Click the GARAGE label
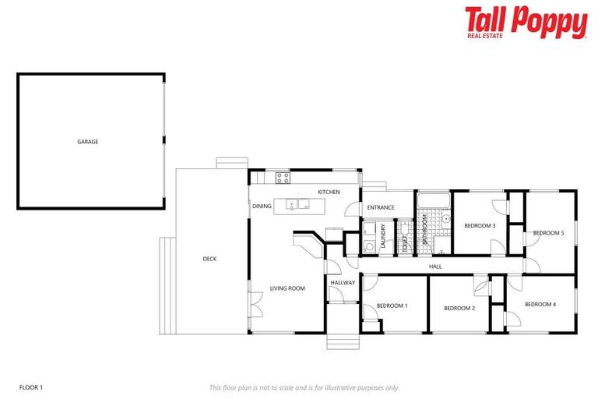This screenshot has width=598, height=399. (x=87, y=142)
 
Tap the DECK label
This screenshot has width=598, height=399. (x=209, y=259)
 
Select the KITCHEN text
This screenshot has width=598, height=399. (x=329, y=192)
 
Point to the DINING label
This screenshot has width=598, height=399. (x=262, y=206)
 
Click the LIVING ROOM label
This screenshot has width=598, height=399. (x=287, y=288)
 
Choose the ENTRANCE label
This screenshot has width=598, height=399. (x=381, y=207)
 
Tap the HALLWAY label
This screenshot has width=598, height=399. (x=343, y=283)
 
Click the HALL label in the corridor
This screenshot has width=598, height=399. (x=435, y=267)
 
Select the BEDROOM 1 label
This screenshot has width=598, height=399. (x=392, y=305)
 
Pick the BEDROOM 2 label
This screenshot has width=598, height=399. (x=459, y=308)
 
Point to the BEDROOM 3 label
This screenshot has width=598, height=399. (x=480, y=225)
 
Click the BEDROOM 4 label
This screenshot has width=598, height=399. (x=540, y=304)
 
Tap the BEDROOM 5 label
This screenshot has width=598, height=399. (x=548, y=233)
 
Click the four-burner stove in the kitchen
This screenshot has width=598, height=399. (x=283, y=178)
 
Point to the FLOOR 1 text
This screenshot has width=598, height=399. (x=30, y=387)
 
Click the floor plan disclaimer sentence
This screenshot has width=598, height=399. (x=304, y=387)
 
